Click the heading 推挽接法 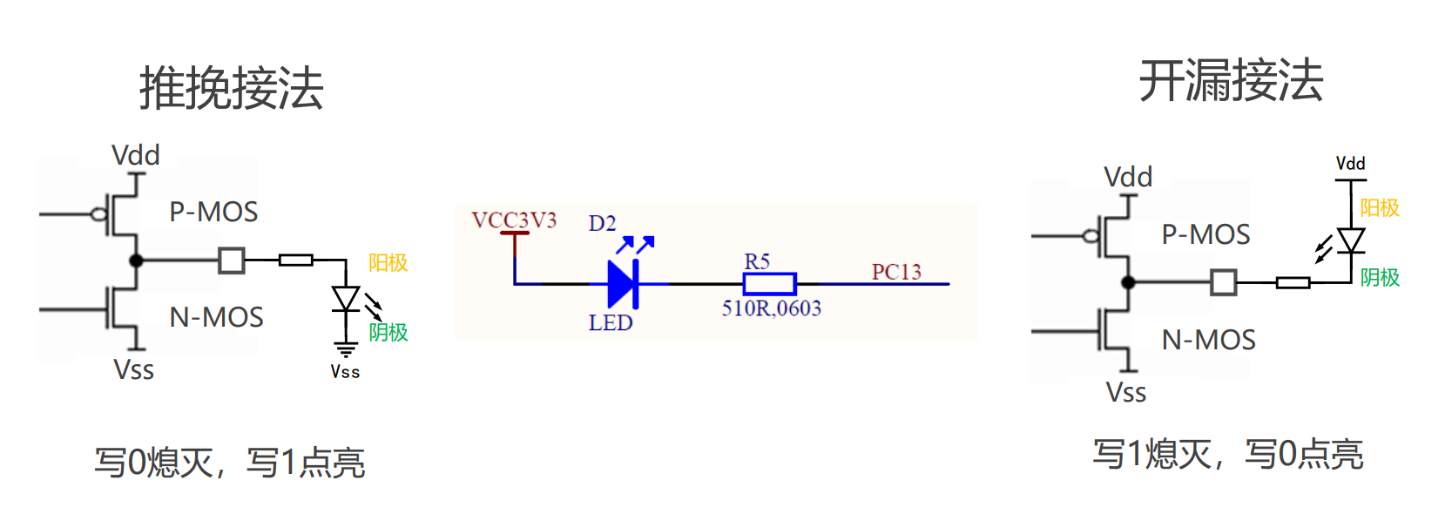(x=232, y=88)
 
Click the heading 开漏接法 (x=1231, y=81)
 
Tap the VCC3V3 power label (x=514, y=220)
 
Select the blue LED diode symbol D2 (x=623, y=284)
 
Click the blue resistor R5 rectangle (x=769, y=284)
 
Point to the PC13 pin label (x=896, y=272)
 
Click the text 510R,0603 (x=771, y=308)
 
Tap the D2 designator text (x=602, y=224)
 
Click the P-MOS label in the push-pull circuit (x=213, y=212)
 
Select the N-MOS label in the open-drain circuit (x=1208, y=340)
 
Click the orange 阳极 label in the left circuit (x=388, y=262)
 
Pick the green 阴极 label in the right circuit (x=1380, y=277)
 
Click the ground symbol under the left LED (x=346, y=350)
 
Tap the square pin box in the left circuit (x=232, y=260)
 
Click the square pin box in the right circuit (x=1224, y=282)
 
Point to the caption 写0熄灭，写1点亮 (x=229, y=463)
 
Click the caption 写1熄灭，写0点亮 (x=1228, y=454)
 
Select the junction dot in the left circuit (x=136, y=260)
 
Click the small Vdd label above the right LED (x=1350, y=164)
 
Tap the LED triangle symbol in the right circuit (x=1350, y=240)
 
